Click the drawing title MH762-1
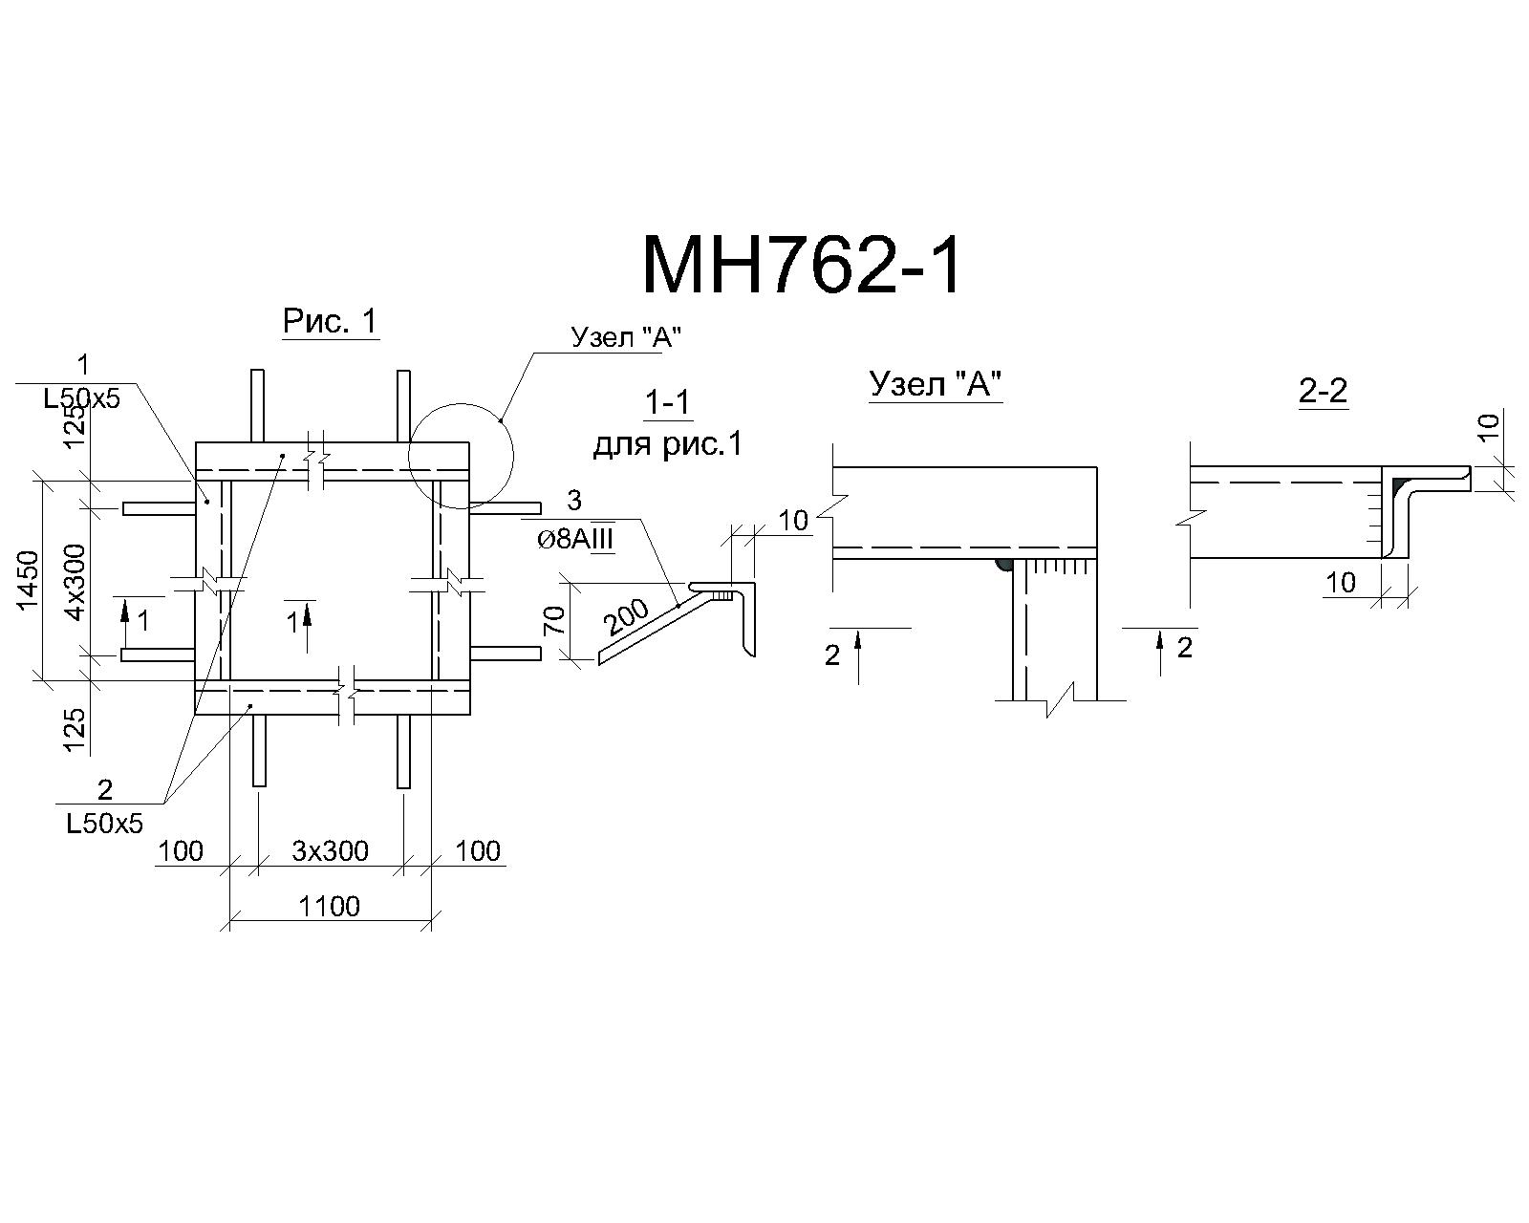coord(801,265)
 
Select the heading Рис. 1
coord(330,321)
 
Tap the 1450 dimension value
coord(29,580)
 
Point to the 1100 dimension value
coord(329,906)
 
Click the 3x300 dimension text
coord(330,850)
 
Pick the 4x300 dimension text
coord(75,582)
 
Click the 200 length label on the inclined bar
coord(627,617)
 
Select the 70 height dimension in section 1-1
coord(554,620)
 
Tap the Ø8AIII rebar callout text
coord(575,540)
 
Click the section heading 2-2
coord(1323,390)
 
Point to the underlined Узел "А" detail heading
coord(935,384)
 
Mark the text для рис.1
coord(667,445)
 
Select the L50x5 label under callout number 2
coord(104,824)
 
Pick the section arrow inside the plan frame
coord(308,626)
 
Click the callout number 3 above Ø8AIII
coord(574,501)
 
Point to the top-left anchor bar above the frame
coord(258,406)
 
